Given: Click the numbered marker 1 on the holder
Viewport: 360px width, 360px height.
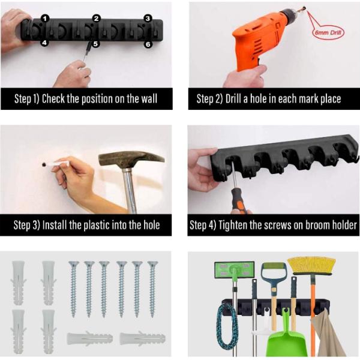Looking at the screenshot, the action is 45,19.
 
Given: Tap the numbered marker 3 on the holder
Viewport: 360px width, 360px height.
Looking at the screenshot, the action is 148,19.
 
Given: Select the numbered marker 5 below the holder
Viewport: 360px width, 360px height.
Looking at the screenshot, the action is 96,44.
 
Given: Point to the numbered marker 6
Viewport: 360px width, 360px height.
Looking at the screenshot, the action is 148,44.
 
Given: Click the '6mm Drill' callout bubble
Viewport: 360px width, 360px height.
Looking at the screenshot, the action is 328,32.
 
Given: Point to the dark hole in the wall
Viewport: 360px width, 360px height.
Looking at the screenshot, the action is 44,164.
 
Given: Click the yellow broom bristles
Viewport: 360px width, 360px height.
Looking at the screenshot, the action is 311,266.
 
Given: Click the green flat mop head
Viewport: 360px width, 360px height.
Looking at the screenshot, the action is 234,270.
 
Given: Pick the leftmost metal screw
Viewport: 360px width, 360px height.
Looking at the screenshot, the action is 73,289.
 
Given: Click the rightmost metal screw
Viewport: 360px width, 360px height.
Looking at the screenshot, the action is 152,289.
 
